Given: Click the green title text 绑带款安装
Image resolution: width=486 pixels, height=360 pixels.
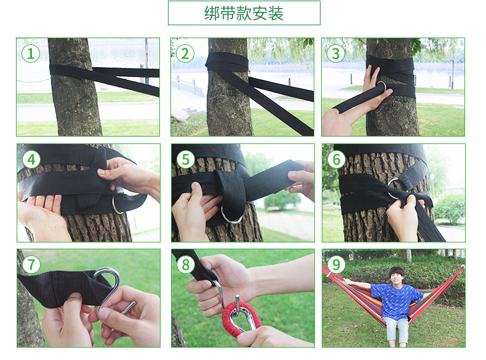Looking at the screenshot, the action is pos(244,14).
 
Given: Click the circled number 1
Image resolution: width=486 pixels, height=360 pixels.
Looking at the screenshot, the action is pos(31,54).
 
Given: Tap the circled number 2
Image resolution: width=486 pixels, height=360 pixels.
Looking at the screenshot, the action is pos(185,54).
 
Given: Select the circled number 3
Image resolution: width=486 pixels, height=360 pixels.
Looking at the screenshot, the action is pos(336,54).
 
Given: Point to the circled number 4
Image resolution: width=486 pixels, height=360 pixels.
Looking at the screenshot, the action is pos(31,159).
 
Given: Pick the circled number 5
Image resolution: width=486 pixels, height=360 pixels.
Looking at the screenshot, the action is pos(185,159).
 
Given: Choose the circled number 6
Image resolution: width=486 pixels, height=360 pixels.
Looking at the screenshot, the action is pos(337,159).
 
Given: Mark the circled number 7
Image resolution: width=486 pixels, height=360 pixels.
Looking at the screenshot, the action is pos(31,265).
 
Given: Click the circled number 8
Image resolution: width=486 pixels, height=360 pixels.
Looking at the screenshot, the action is pos(185,265).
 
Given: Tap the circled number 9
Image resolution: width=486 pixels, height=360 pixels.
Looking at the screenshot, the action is pos(337,265).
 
